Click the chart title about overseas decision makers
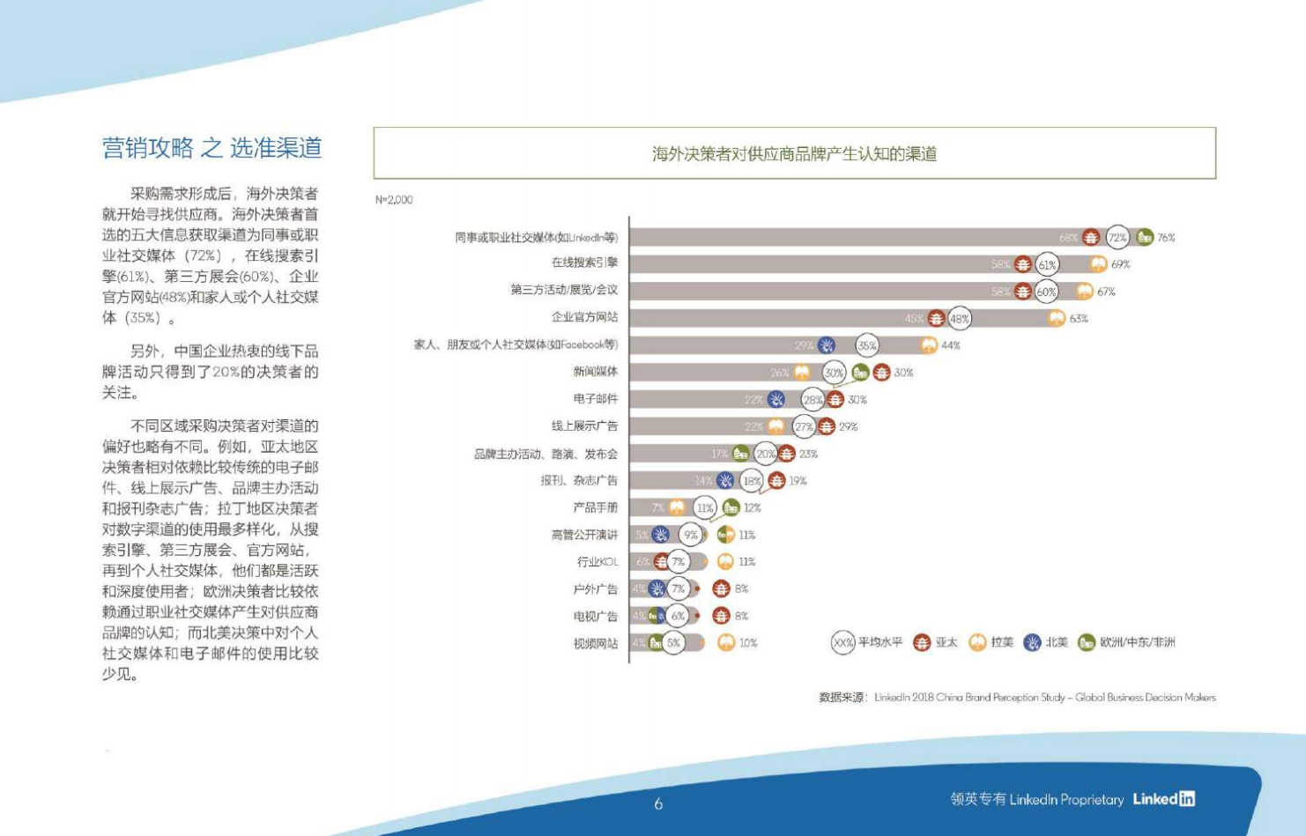(x=794, y=154)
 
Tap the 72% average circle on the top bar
(x=1117, y=237)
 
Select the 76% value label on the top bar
(x=1166, y=238)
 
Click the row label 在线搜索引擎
(x=584, y=263)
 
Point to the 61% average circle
(x=1047, y=264)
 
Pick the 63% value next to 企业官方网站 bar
(x=1079, y=318)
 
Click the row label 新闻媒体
(x=595, y=372)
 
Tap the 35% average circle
(x=867, y=345)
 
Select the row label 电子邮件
(x=595, y=399)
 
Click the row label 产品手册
(x=595, y=507)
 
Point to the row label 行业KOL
(x=597, y=562)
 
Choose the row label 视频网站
(x=595, y=643)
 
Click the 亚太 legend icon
(x=922, y=643)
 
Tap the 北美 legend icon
(x=1032, y=643)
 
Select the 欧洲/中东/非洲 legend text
(x=1137, y=643)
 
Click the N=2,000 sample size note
(x=394, y=200)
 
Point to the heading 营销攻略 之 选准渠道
(x=212, y=148)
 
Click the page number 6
(x=658, y=803)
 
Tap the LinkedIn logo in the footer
(x=1163, y=799)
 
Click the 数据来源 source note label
(x=842, y=698)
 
